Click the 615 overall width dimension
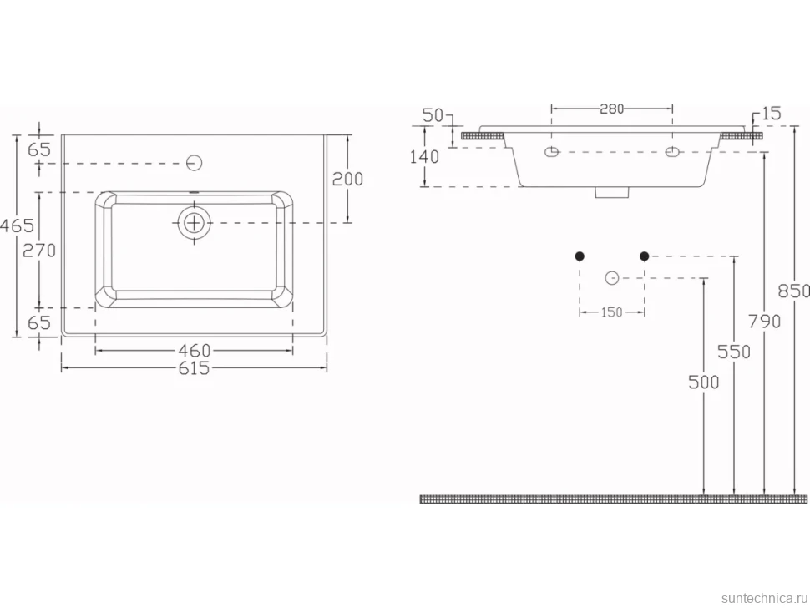(x=194, y=368)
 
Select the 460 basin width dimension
(x=195, y=351)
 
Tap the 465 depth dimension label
(x=17, y=225)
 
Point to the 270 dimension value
(x=39, y=251)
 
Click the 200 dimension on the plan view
(x=347, y=180)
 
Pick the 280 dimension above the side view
(x=612, y=109)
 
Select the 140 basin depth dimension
(x=425, y=156)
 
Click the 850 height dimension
(x=794, y=291)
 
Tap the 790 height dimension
(x=765, y=322)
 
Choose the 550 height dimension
(x=734, y=352)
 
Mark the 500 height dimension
(x=704, y=383)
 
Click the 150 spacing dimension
(x=611, y=312)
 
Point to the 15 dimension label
(x=772, y=114)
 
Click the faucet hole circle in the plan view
(x=194, y=163)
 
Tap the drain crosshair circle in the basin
(x=195, y=223)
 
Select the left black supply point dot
(x=580, y=256)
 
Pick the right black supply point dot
(x=644, y=256)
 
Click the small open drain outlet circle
(x=611, y=278)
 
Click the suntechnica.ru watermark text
(x=765, y=598)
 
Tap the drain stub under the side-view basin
(x=612, y=193)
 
